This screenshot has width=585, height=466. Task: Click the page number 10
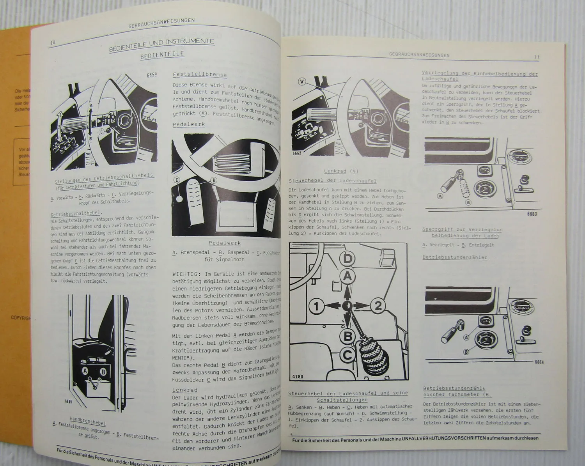tap(53, 42)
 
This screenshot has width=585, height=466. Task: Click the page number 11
tap(537, 57)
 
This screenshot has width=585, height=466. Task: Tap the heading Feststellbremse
tap(199, 74)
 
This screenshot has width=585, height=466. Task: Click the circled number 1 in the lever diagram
tap(316, 306)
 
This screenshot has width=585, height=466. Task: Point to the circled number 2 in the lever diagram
tap(378, 306)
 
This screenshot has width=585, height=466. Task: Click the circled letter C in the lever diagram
tap(347, 354)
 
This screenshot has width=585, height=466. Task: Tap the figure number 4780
tap(298, 377)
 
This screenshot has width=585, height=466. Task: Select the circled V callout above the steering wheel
tap(301, 82)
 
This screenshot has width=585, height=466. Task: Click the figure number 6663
tap(532, 214)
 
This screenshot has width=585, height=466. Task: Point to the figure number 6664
tap(539, 362)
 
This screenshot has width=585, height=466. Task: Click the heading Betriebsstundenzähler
tap(455, 257)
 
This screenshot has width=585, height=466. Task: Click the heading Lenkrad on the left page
tap(185, 390)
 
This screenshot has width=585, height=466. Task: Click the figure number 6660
tap(68, 400)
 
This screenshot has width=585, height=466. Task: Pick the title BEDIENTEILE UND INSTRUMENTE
tap(161, 43)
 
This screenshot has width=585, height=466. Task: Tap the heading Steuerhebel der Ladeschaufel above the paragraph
tap(332, 181)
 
